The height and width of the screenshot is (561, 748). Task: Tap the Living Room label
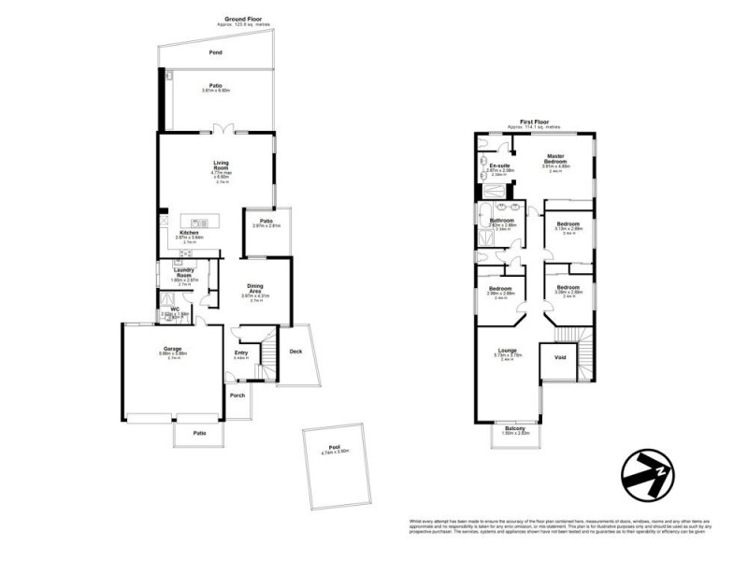click(222, 165)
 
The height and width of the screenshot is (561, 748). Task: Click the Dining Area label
click(254, 288)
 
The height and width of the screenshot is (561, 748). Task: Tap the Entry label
click(240, 352)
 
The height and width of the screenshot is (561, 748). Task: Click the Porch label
click(237, 396)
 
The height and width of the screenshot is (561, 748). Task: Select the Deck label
click(296, 352)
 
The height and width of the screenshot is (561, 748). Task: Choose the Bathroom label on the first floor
click(502, 221)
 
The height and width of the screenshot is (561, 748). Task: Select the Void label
click(560, 357)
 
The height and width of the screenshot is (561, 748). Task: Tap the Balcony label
click(516, 428)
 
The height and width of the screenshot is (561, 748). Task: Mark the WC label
click(174, 309)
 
